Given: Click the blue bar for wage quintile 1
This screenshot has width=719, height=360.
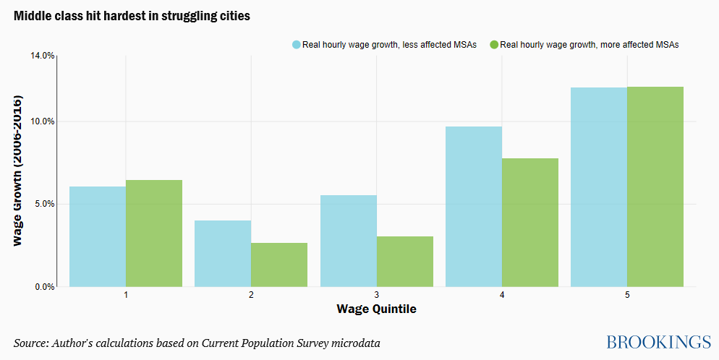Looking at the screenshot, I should click(x=98, y=236).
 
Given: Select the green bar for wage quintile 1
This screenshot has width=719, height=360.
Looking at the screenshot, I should click(x=154, y=233).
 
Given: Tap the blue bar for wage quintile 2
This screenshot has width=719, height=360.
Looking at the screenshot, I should click(x=223, y=253).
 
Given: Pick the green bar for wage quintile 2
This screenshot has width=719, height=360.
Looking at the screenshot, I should click(x=279, y=265).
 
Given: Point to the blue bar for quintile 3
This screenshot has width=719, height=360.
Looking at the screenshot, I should click(x=349, y=241).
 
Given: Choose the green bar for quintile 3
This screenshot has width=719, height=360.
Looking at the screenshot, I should click(x=405, y=261).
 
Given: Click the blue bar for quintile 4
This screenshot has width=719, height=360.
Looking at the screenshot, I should click(x=474, y=206).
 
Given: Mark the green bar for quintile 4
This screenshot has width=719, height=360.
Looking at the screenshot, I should click(x=530, y=222).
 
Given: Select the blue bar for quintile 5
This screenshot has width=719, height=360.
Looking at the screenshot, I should click(x=599, y=187).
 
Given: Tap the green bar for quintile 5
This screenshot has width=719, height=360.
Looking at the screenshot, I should click(x=655, y=187).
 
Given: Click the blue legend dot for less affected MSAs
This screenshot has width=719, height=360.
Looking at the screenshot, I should click(x=297, y=45).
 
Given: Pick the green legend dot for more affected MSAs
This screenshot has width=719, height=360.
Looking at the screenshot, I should click(x=494, y=45).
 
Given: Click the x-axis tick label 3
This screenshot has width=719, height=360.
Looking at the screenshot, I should click(x=377, y=296).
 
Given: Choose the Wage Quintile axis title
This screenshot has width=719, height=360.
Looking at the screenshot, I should click(x=376, y=309).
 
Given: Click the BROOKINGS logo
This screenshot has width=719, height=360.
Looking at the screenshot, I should click(x=658, y=342).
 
